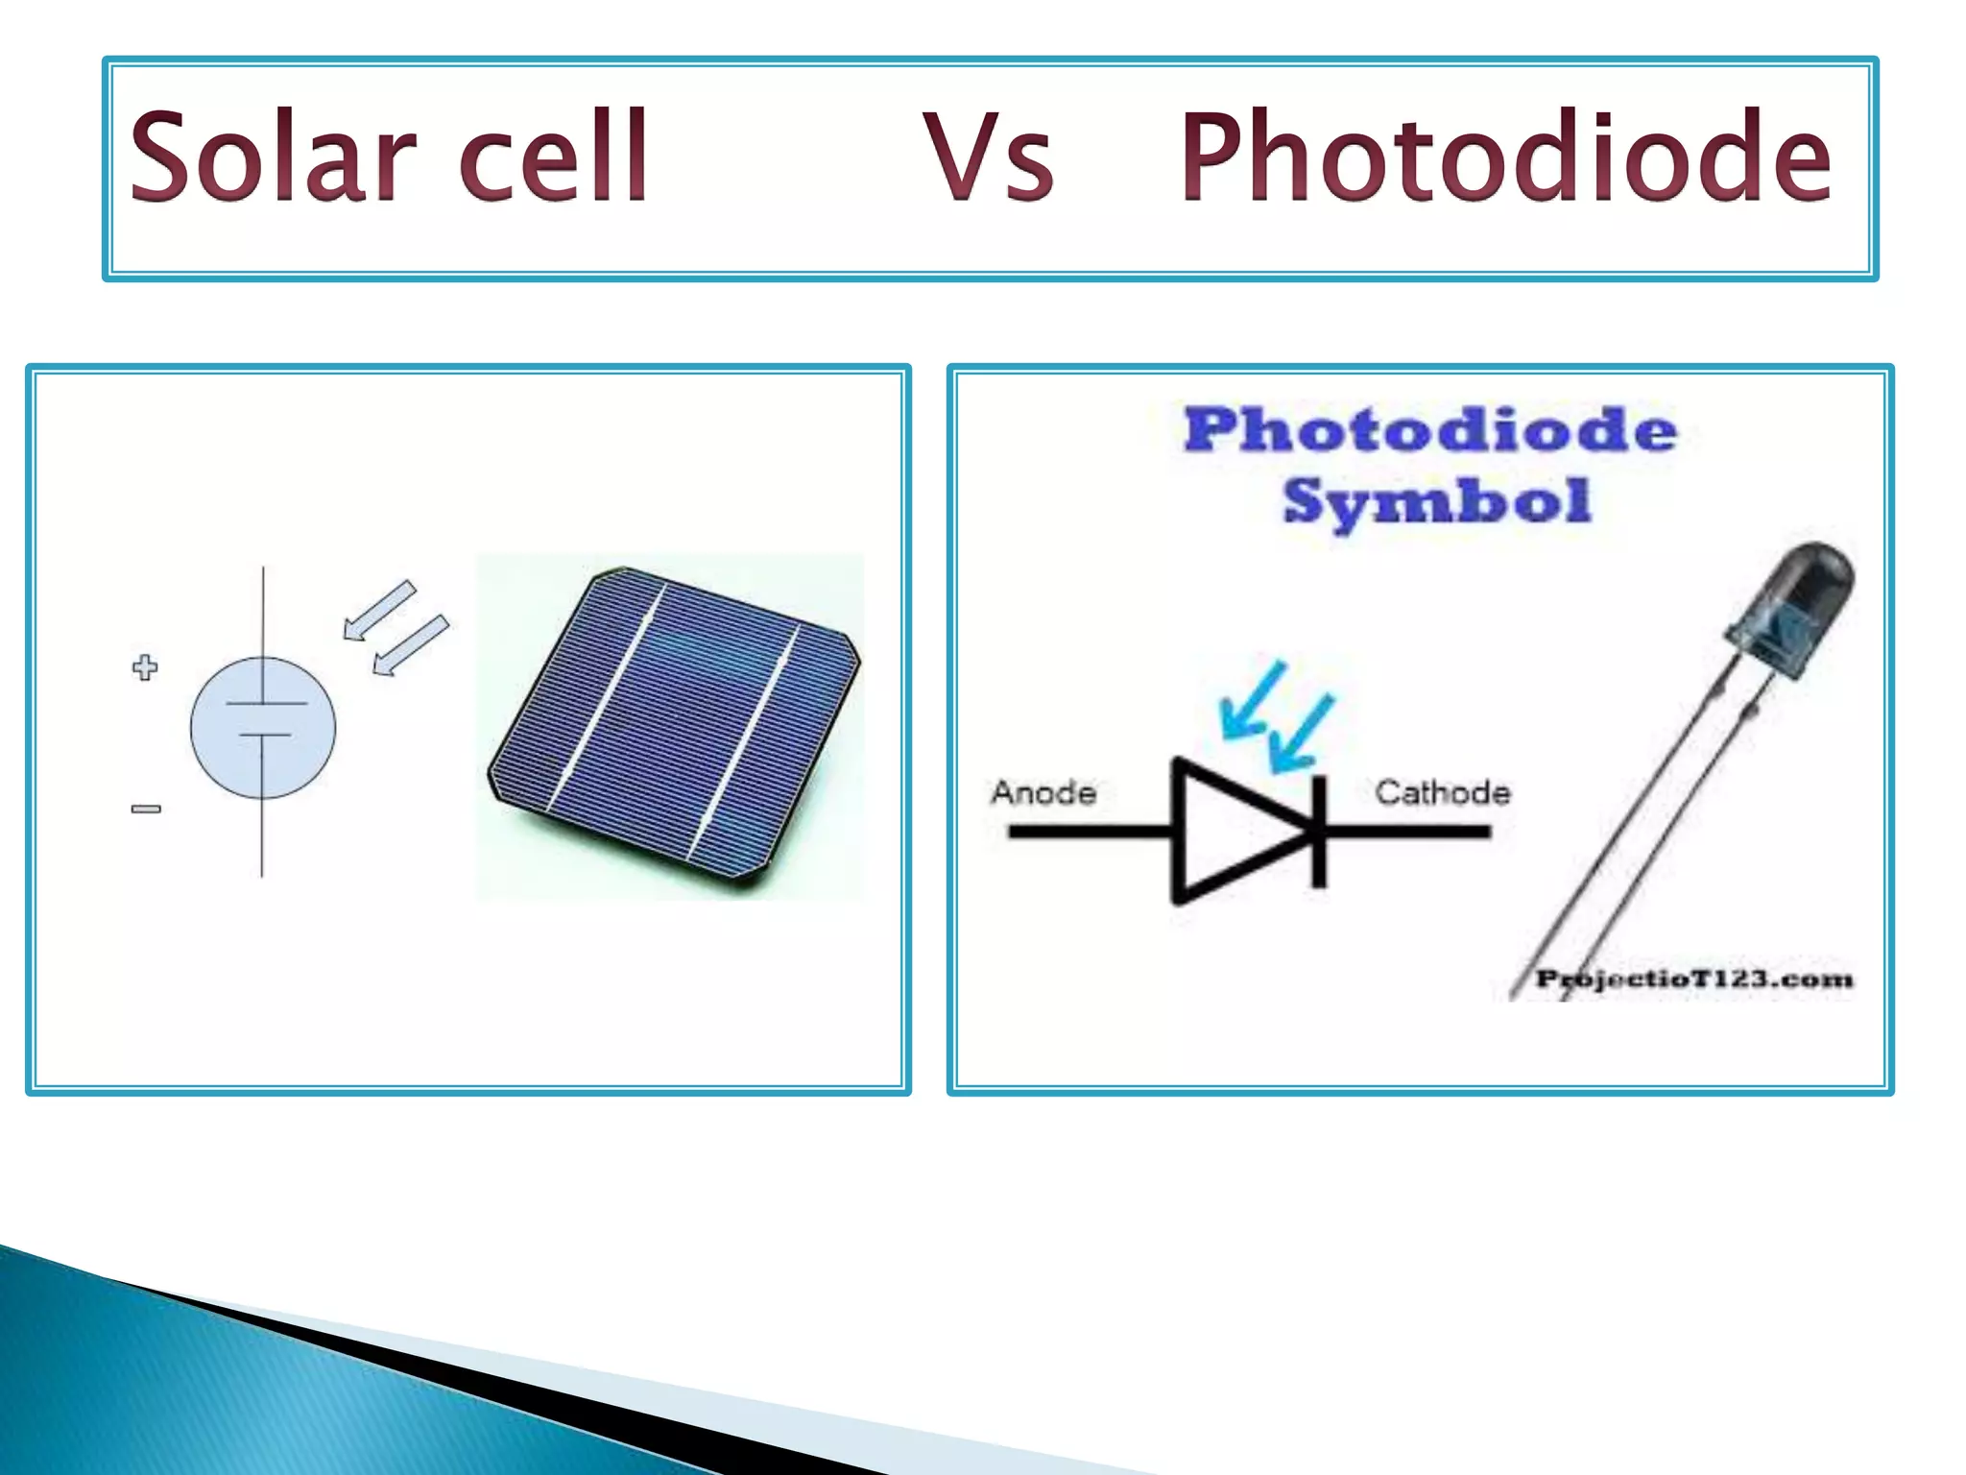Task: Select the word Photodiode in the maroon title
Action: [1505, 158]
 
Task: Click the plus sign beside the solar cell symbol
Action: [145, 667]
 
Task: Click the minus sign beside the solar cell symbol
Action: [146, 809]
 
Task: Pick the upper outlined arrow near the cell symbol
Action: [380, 610]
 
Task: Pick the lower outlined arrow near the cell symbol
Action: [411, 645]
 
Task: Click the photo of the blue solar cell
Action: [672, 730]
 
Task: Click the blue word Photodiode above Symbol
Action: [1430, 429]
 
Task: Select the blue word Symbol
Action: [1436, 501]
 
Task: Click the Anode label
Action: [1043, 792]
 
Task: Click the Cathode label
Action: [1442, 792]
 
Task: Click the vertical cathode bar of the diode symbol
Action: [1320, 831]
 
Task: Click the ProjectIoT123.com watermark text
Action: [1693, 979]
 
